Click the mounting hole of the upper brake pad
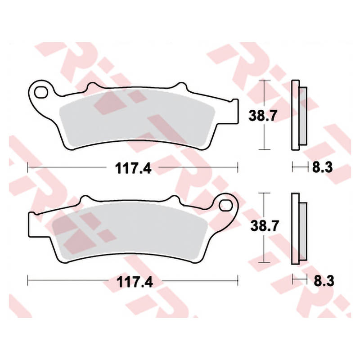[x=40, y=93]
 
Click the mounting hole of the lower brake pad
[x=226, y=205]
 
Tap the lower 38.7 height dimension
[x=265, y=226]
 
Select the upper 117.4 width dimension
[x=133, y=168]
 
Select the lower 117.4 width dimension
[x=135, y=282]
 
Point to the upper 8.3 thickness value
[x=322, y=167]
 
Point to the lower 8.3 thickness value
[x=324, y=281]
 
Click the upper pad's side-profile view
[x=299, y=115]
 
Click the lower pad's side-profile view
[x=299, y=229]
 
